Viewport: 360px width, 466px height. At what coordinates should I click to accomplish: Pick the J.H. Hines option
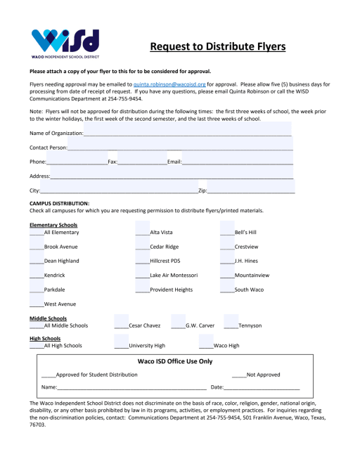coord(246,260)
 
